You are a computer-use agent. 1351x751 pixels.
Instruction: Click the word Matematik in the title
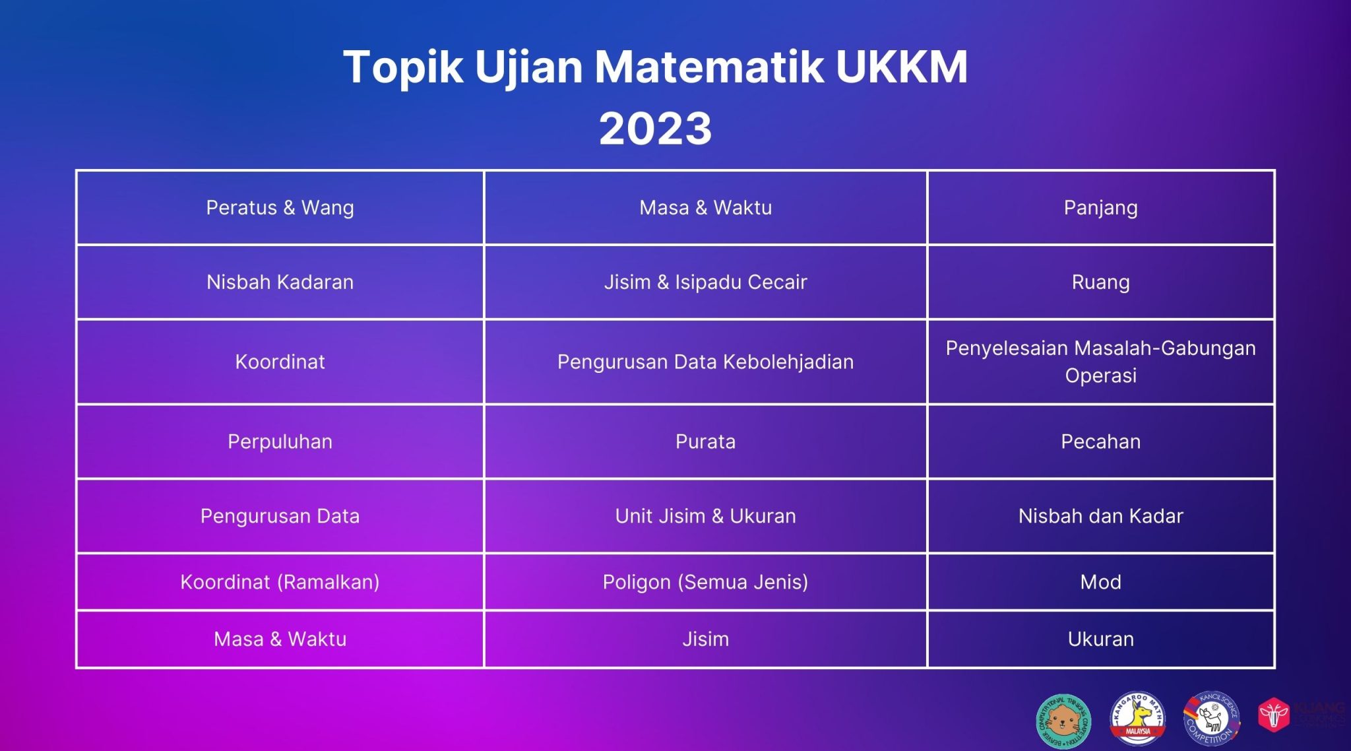coord(709,67)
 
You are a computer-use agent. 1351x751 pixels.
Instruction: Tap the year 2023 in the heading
coord(655,128)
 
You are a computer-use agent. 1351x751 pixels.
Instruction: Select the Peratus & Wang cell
coord(280,208)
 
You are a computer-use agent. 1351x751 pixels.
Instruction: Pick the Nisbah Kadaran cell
coord(280,282)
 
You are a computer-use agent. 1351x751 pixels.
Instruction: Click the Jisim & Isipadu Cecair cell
coord(705,282)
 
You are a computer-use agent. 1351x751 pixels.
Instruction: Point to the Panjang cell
coord(1100,208)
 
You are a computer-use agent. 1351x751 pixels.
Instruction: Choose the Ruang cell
coord(1100,282)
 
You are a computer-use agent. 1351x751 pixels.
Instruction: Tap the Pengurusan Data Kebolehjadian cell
coord(705,362)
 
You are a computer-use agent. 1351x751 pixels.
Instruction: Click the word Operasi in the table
coord(1100,376)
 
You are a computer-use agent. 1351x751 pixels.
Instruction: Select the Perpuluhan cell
coord(280,442)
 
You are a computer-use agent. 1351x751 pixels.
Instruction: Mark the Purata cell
coord(705,442)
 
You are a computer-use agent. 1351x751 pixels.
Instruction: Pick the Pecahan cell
coord(1100,442)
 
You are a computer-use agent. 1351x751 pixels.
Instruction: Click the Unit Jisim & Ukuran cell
coord(705,516)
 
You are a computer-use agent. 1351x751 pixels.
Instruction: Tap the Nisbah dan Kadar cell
coord(1100,516)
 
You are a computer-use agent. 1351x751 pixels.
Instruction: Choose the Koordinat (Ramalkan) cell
coord(280,582)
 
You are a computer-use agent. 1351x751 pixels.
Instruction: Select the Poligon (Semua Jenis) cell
coord(705,582)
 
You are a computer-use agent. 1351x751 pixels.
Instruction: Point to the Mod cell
coord(1100,582)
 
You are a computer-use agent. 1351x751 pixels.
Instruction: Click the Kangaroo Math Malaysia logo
coord(1137,719)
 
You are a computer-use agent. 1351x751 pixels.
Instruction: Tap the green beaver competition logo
coord(1063,721)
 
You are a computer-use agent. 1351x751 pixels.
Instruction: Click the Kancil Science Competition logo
coord(1211,719)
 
